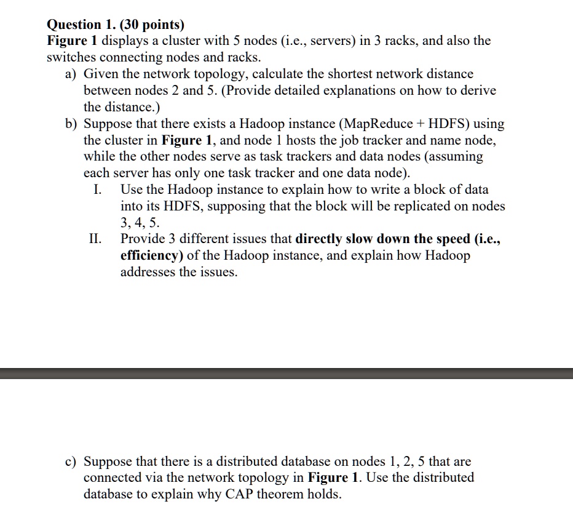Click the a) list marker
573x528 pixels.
pyautogui.click(x=71, y=74)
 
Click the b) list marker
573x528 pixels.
pyautogui.click(x=71, y=124)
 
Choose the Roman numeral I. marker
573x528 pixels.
pyautogui.click(x=97, y=190)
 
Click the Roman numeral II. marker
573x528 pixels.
pyautogui.click(x=97, y=239)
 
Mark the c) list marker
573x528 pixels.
pyautogui.click(x=71, y=461)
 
